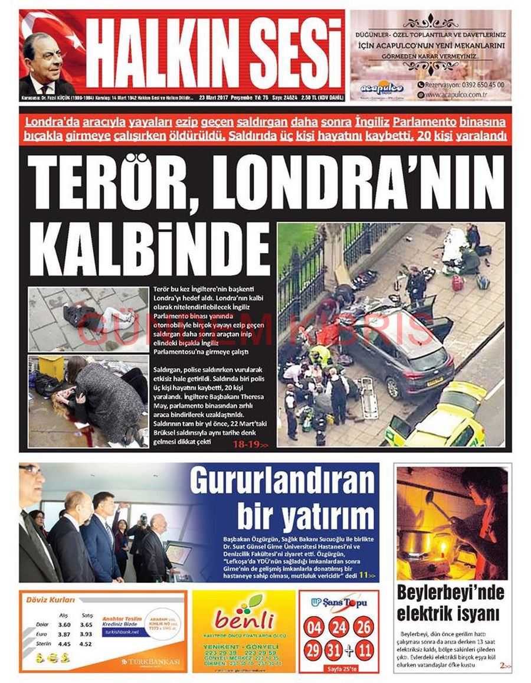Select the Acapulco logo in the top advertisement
point(382,87)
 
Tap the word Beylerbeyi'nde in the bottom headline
point(450,592)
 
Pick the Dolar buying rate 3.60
point(64,624)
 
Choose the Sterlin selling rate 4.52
point(87,644)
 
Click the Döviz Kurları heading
point(50,600)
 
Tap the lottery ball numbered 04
point(314,627)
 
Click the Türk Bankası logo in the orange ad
point(150,662)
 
